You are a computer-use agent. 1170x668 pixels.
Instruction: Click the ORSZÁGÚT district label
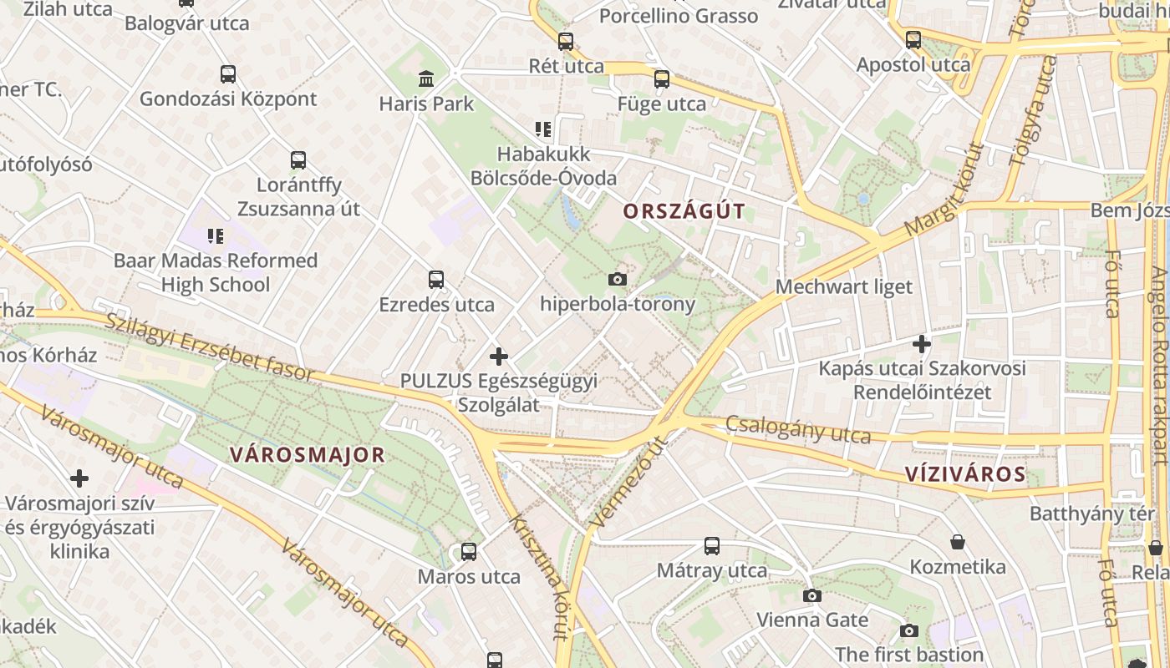(684, 211)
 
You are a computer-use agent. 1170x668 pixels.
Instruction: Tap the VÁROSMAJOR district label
(307, 455)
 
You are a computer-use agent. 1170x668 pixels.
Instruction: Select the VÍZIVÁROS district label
(965, 474)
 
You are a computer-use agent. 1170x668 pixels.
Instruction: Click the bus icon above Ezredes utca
(435, 279)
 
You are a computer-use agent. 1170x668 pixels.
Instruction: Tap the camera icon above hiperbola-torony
(618, 279)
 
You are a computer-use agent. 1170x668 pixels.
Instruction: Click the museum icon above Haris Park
(426, 79)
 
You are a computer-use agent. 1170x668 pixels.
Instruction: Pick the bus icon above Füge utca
(662, 79)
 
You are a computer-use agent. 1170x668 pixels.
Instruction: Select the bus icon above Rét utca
(566, 41)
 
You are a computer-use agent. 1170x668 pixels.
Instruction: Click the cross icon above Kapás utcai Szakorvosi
(922, 343)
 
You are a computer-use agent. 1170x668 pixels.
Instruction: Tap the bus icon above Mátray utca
(712, 546)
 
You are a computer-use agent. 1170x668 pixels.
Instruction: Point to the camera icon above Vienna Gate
(812, 595)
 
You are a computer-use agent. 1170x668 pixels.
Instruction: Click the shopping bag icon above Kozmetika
(958, 543)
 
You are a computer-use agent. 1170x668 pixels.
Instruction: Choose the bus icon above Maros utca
(469, 552)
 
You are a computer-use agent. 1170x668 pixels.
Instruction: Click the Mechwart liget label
(844, 287)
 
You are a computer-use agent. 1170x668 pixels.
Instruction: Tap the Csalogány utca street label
(797, 429)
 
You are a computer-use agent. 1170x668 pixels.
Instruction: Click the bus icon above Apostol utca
(913, 39)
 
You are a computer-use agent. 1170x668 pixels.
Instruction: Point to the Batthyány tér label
(1091, 513)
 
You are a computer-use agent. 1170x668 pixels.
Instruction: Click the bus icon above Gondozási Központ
(228, 73)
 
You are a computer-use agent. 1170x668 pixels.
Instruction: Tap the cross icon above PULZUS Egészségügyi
(499, 357)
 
